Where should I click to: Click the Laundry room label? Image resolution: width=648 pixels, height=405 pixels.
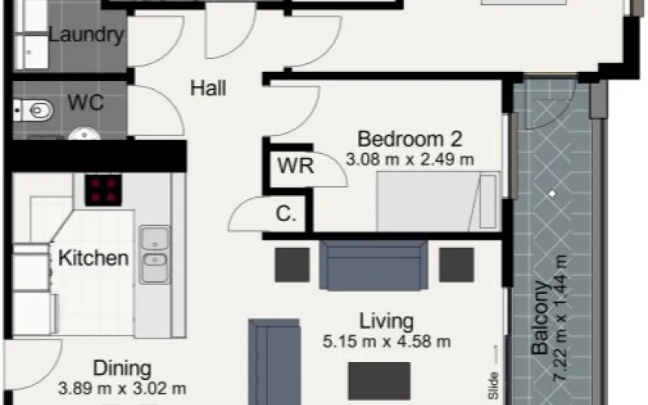[86, 35]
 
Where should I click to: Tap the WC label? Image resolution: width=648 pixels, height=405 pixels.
[86, 102]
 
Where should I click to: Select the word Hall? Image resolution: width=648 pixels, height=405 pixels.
[208, 88]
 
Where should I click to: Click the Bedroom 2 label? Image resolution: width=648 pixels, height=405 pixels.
[410, 139]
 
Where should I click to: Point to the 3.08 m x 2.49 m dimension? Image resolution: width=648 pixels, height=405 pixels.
[410, 159]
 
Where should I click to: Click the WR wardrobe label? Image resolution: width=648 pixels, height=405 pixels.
[296, 166]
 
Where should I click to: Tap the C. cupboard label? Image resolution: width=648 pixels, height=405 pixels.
[286, 214]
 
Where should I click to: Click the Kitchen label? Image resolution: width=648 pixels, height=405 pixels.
[93, 258]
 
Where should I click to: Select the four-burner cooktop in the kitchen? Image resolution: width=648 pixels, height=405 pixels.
[104, 190]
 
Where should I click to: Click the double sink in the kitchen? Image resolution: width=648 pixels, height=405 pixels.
[155, 254]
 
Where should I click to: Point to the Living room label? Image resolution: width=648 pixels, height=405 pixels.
[386, 322]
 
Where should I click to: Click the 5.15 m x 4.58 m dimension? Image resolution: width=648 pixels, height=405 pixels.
[386, 342]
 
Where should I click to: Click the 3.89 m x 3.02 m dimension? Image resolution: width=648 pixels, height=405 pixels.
[122, 389]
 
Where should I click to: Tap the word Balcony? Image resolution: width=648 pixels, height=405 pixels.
[539, 318]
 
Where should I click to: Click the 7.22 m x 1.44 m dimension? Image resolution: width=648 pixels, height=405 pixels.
[561, 318]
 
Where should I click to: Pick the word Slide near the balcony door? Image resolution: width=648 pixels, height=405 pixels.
[493, 386]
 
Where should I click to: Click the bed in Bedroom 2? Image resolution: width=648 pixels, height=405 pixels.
[438, 201]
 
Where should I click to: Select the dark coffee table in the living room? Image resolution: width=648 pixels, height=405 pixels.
[379, 381]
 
